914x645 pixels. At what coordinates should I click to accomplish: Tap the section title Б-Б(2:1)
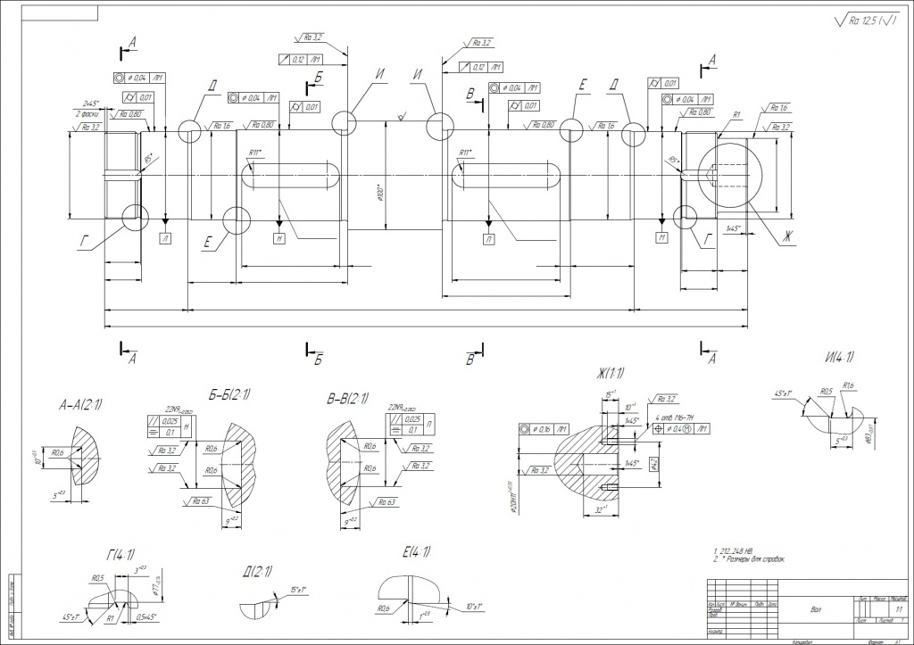point(229,393)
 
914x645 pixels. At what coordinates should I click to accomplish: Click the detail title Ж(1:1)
point(607,372)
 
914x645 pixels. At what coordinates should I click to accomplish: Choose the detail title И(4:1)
point(840,358)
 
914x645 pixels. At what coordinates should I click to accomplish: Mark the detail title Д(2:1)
point(256,572)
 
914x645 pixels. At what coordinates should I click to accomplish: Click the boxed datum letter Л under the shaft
point(167,237)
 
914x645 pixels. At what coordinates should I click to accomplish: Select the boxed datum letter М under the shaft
point(661,237)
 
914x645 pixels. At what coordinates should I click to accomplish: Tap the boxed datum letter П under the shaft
point(489,239)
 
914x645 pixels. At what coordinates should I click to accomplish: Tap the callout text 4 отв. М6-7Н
point(678,418)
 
